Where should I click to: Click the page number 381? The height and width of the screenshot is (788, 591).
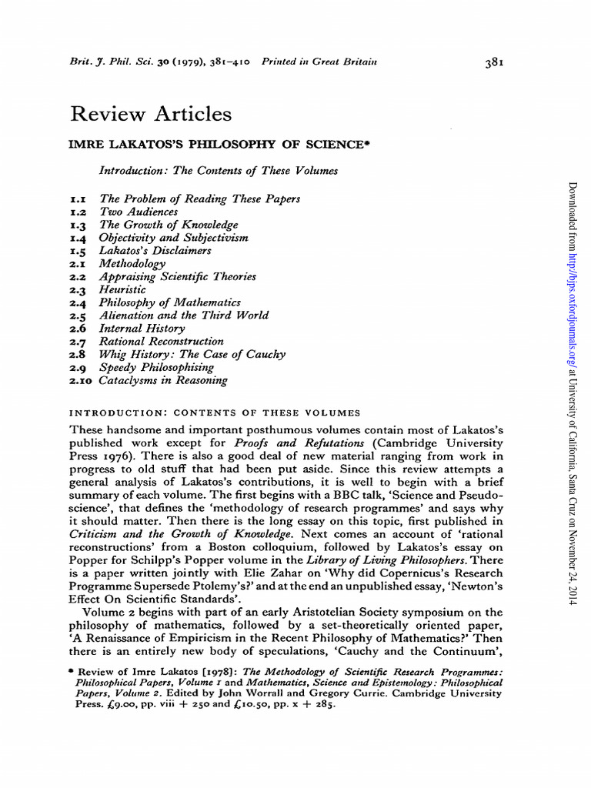click(x=495, y=63)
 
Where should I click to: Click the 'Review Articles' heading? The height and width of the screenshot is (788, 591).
click(x=151, y=114)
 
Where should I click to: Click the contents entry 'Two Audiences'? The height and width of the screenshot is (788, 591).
click(x=139, y=212)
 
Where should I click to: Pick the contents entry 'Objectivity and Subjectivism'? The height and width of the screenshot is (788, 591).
click(x=174, y=238)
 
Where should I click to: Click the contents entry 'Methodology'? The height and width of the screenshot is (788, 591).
click(x=132, y=264)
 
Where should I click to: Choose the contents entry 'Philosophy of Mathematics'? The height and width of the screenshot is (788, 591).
click(x=170, y=302)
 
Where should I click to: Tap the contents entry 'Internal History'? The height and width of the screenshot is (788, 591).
click(x=142, y=329)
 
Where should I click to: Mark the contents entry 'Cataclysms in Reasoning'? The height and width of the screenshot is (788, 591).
click(x=163, y=380)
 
